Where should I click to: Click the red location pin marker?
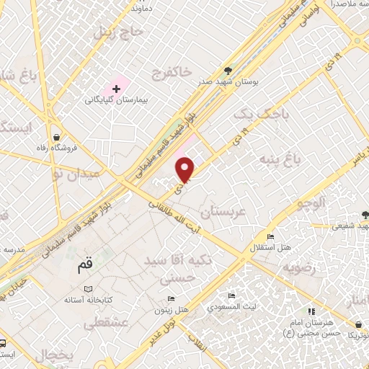point(187,170)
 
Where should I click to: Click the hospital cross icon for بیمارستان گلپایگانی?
point(116,88)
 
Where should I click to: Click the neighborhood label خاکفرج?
point(172,72)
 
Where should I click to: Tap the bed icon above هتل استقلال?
point(270,237)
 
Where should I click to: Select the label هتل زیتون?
point(171,311)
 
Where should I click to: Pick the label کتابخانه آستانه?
point(87,299)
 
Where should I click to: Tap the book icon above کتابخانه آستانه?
point(88,288)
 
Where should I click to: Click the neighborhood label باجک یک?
point(256,115)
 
